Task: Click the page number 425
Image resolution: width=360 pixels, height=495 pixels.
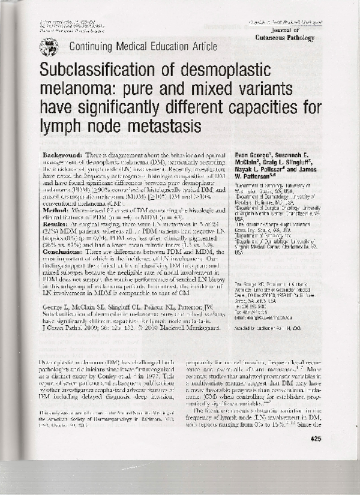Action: pos(316,439)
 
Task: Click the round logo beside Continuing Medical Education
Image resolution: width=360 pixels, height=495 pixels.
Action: pos(49,46)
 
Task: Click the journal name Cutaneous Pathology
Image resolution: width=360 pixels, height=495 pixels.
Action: pos(283,37)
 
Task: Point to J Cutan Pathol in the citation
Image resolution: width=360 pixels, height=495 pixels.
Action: pos(59,328)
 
